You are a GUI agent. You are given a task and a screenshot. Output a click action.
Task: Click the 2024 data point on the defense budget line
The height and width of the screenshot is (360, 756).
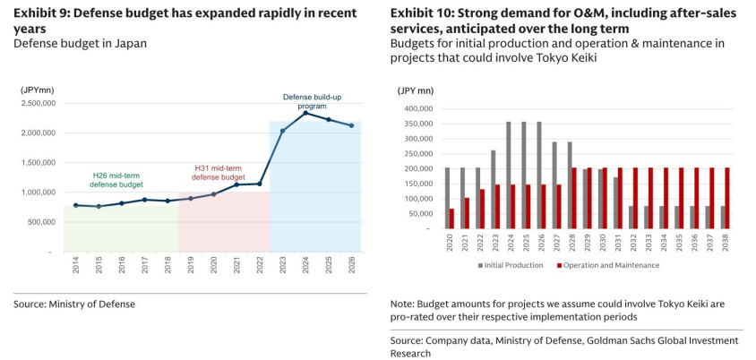(x=305, y=113)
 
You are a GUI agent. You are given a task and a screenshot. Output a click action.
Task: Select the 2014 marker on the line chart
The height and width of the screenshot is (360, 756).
(x=76, y=205)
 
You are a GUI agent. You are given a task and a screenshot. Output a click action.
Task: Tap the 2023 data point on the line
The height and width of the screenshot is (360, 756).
(x=282, y=131)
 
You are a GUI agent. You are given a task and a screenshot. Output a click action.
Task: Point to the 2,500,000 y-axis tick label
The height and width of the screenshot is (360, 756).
(x=37, y=103)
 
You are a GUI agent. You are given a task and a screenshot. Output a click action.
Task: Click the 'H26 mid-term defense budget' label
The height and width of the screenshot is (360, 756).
(x=117, y=180)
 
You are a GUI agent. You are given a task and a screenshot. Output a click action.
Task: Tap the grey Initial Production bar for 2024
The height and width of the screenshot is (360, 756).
(x=508, y=176)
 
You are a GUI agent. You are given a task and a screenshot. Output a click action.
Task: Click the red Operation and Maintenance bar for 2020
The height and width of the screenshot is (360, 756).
(x=451, y=219)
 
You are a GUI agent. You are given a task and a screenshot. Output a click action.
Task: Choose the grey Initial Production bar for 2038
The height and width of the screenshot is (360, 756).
(x=723, y=218)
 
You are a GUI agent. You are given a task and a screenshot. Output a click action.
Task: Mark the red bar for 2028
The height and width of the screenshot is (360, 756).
(x=574, y=198)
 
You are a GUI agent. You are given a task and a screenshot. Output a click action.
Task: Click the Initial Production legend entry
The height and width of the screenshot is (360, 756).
(x=511, y=265)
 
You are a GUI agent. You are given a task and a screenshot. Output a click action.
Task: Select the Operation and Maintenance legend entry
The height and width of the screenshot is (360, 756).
(x=607, y=265)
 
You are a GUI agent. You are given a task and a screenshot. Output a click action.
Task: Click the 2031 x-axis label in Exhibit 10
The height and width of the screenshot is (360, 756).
(x=616, y=242)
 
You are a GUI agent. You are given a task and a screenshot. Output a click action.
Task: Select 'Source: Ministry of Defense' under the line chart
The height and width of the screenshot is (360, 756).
(x=74, y=304)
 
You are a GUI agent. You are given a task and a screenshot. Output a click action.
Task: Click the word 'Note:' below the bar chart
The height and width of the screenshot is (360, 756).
(x=402, y=304)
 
